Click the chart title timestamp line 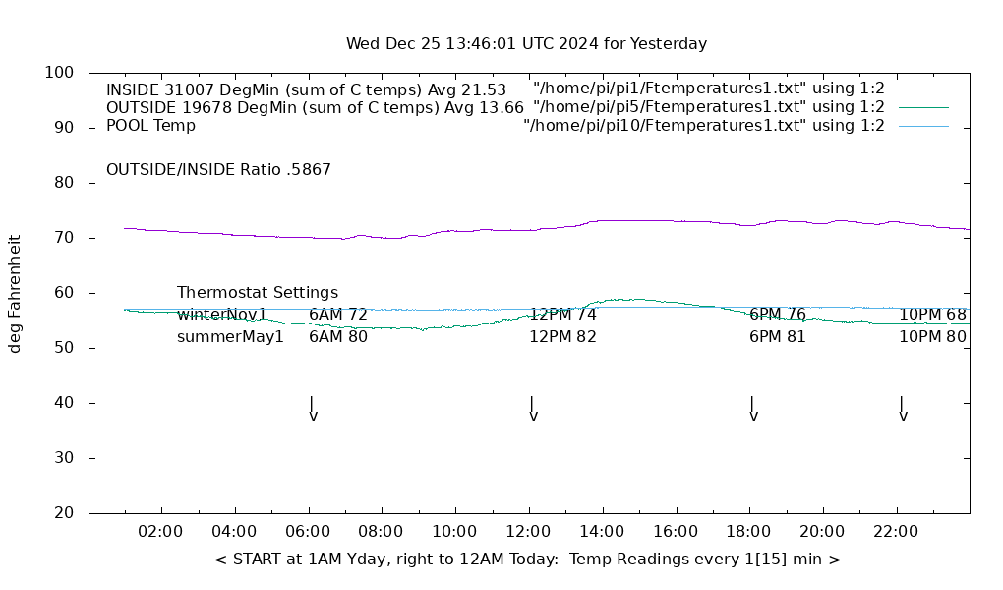[x=526, y=44]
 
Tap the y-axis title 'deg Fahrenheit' [x=15, y=293]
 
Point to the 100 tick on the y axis [x=59, y=73]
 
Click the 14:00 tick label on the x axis [x=601, y=532]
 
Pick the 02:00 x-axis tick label [x=160, y=532]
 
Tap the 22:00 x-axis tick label [x=896, y=532]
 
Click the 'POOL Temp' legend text [x=150, y=126]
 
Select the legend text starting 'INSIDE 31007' [x=306, y=89]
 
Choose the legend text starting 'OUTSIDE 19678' [x=315, y=107]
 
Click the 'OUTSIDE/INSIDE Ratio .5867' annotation [x=218, y=169]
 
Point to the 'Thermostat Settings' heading [x=258, y=293]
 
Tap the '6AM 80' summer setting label [x=338, y=337]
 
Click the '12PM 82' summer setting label [x=562, y=337]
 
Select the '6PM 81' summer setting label [x=778, y=337]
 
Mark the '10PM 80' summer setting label [x=932, y=337]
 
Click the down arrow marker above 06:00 [x=312, y=409]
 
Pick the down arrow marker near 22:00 [x=902, y=409]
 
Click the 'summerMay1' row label [x=230, y=337]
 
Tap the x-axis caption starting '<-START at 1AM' [x=527, y=560]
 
